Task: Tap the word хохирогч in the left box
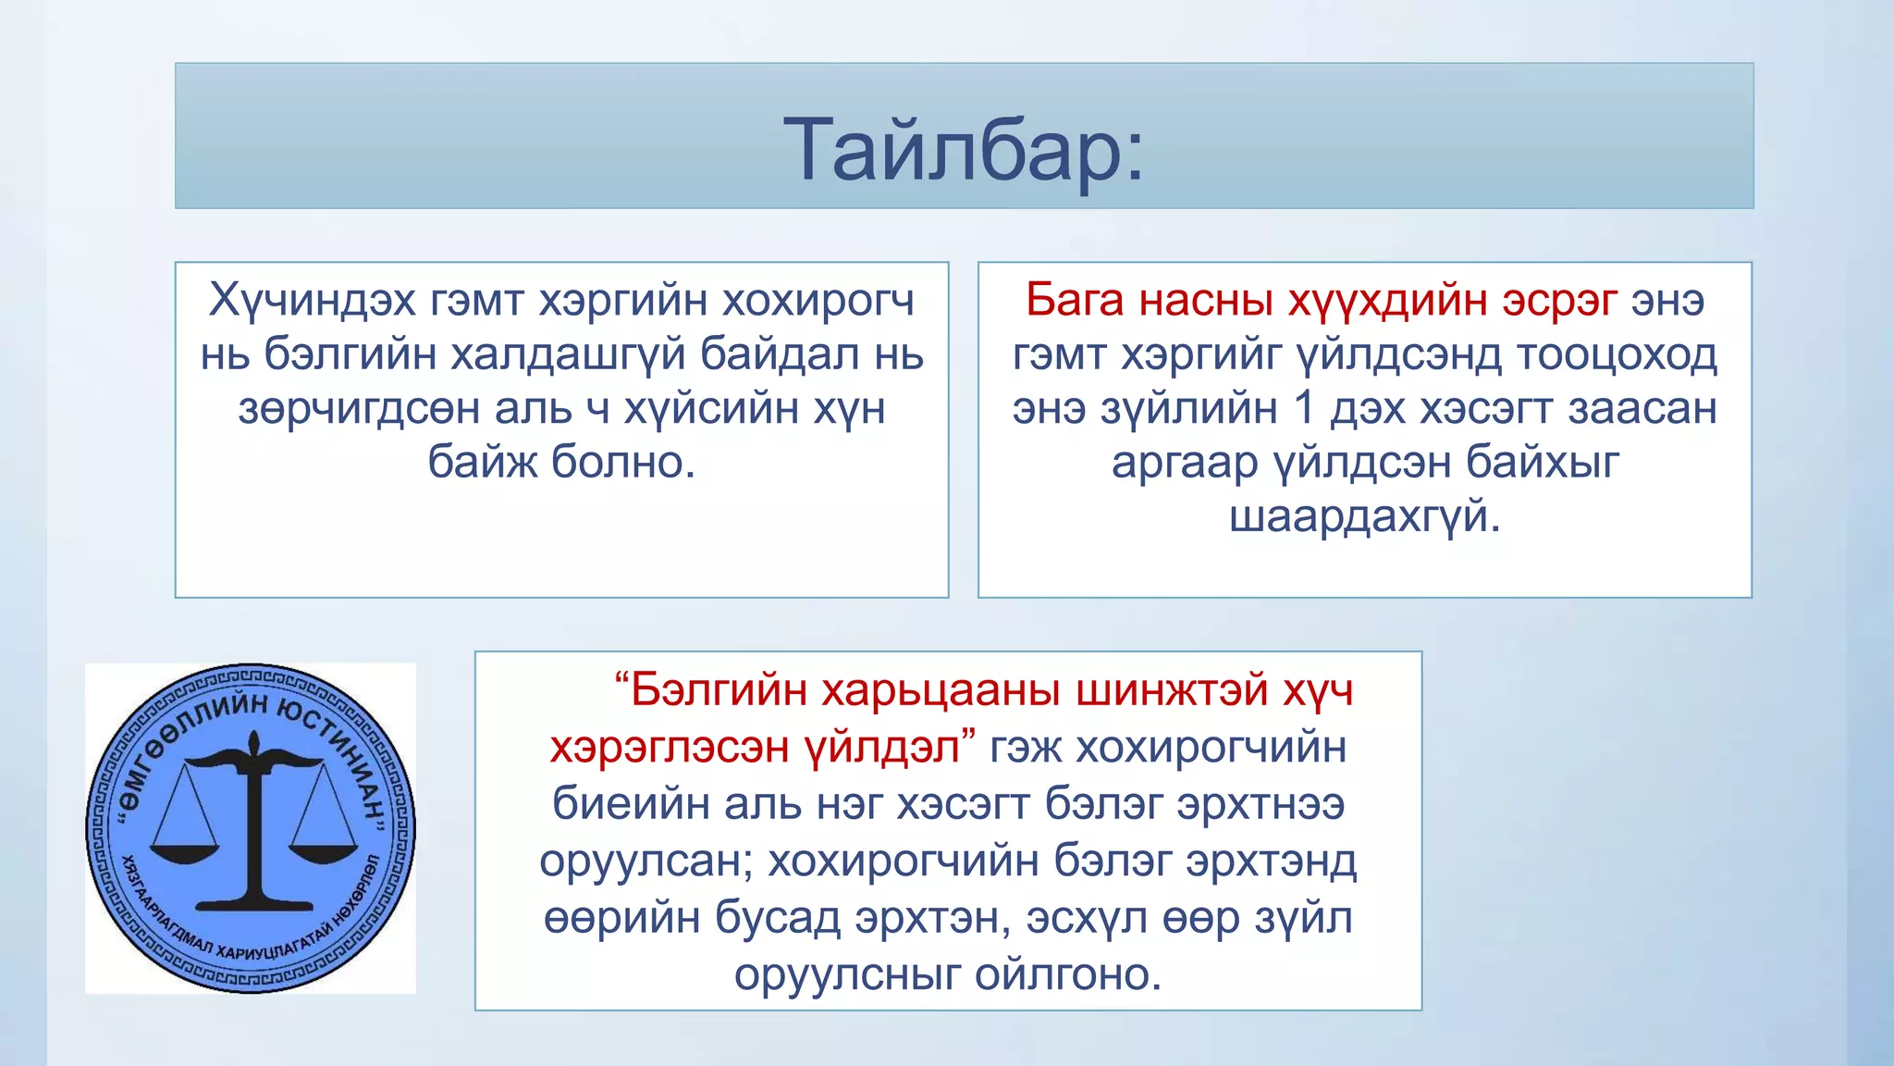pyautogui.click(x=818, y=300)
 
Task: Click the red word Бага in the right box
pyautogui.click(x=1075, y=300)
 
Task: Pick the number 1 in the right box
pyautogui.click(x=1305, y=408)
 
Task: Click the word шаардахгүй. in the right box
pyautogui.click(x=1364, y=516)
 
